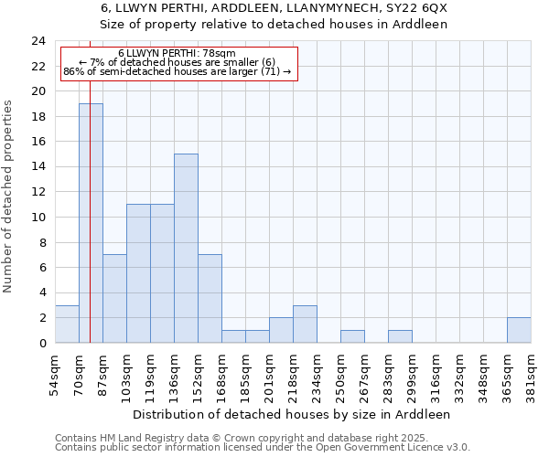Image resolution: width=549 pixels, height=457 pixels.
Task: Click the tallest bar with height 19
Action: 91,223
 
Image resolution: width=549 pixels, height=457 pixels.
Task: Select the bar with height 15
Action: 186,249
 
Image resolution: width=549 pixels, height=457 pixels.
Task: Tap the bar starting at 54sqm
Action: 67,324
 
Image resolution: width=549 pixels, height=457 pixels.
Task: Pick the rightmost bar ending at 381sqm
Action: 519,330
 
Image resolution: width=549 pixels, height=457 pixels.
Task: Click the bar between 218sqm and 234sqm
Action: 305,324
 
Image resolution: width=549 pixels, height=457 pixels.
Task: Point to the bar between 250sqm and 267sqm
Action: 352,336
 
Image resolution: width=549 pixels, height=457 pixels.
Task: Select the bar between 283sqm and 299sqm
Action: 400,336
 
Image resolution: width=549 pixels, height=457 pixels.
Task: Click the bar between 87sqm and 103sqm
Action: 114,299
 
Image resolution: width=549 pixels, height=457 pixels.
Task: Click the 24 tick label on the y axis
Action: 38,41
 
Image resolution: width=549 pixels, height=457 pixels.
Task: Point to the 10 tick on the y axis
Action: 38,218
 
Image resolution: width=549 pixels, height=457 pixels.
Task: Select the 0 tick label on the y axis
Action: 42,343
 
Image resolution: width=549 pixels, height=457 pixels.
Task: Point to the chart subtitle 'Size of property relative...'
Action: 274,24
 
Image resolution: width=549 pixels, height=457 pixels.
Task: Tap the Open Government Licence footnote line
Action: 263,448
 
